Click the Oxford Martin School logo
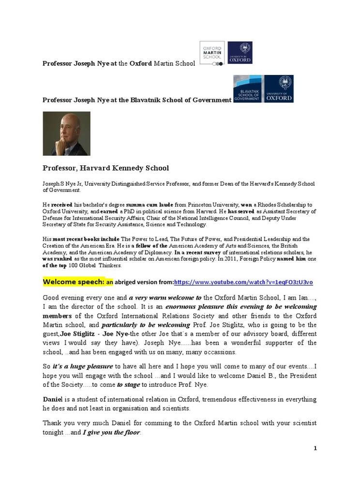point(212,53)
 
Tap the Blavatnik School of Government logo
point(247,88)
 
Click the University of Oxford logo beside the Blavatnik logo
point(279,88)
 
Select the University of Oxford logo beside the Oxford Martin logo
point(240,53)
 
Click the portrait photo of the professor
point(66,133)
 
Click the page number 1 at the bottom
point(315,448)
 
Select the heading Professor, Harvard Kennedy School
point(105,168)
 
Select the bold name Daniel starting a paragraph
point(53,399)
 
